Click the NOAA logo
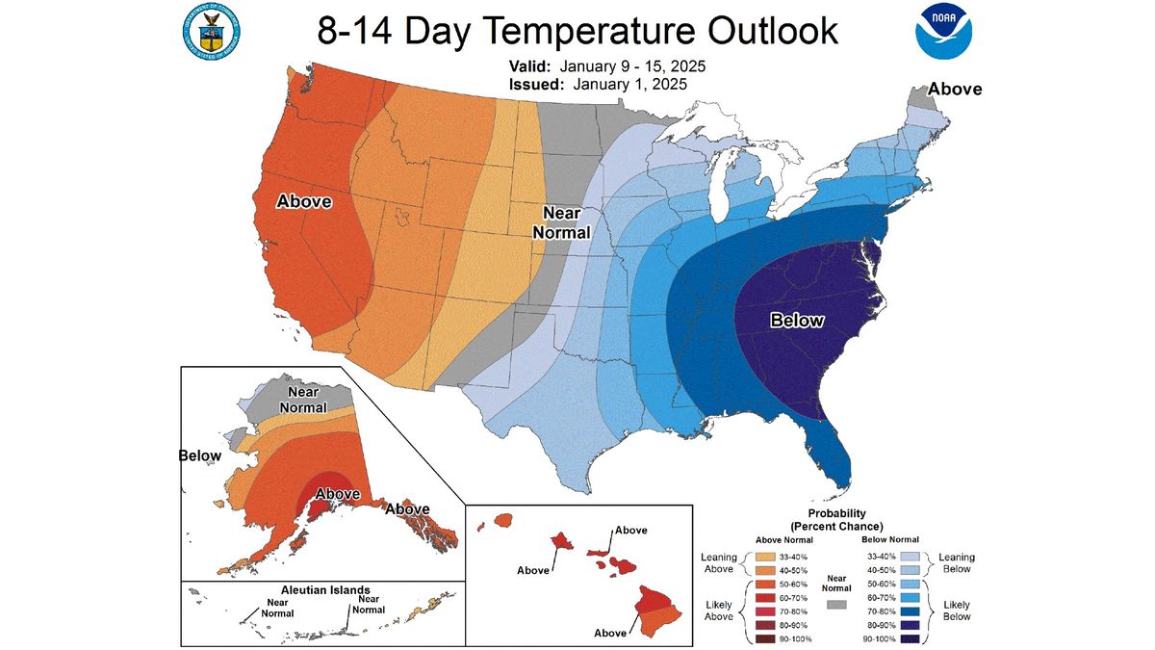(x=943, y=31)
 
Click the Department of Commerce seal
(x=211, y=31)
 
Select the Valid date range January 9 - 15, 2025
(x=636, y=67)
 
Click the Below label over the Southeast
(x=797, y=321)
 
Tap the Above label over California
(x=304, y=201)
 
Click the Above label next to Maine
(x=955, y=89)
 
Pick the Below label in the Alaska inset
(x=200, y=455)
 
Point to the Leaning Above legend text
(x=719, y=563)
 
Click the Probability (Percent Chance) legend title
(x=835, y=520)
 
